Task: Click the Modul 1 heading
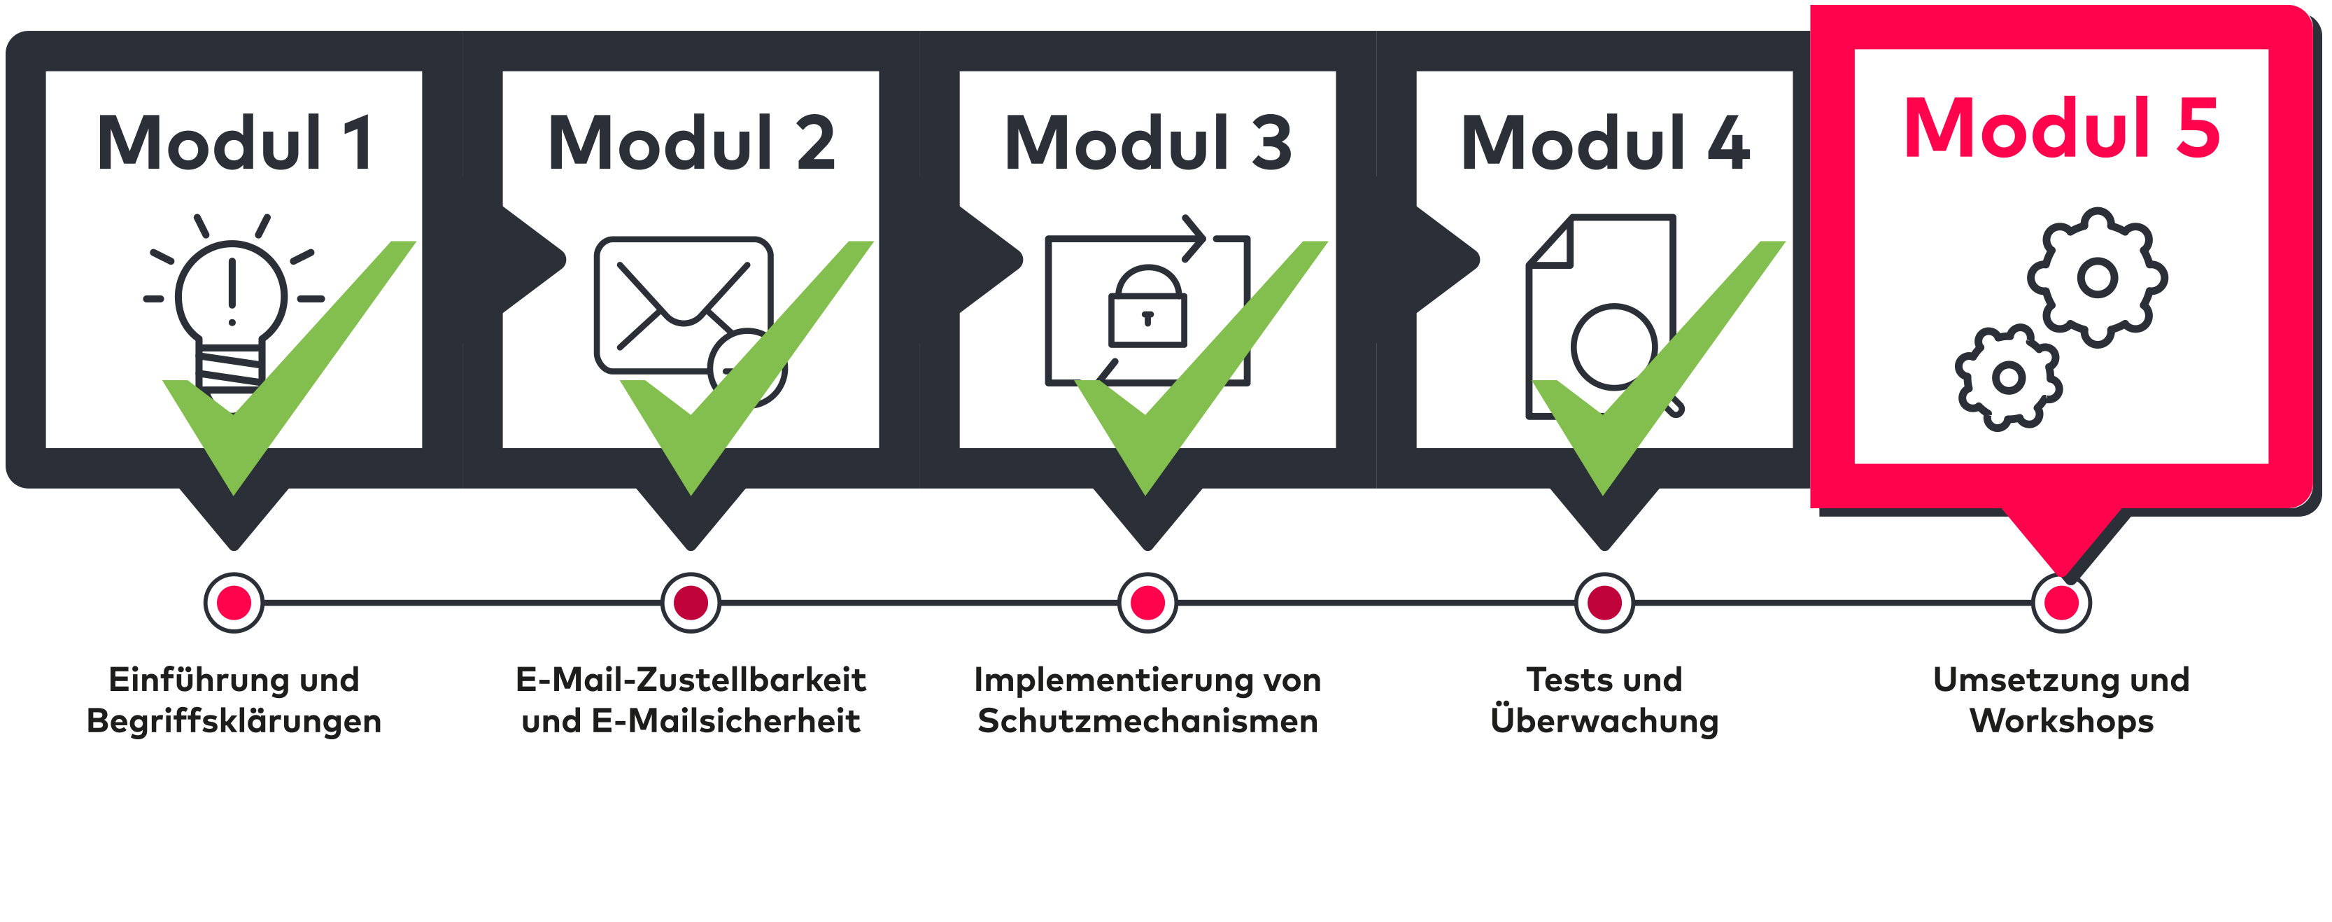(234, 143)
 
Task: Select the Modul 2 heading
(691, 143)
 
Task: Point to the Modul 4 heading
(1604, 143)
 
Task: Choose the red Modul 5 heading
(2061, 129)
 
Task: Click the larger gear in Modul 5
(2097, 277)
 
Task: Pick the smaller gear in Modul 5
(2008, 377)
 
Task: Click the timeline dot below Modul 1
(234, 602)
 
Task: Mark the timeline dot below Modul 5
(2061, 602)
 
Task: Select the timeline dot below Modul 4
(1604, 602)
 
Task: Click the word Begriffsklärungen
(234, 721)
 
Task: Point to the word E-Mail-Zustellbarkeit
(691, 679)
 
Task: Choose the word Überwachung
(1604, 721)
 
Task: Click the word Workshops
(2061, 721)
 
